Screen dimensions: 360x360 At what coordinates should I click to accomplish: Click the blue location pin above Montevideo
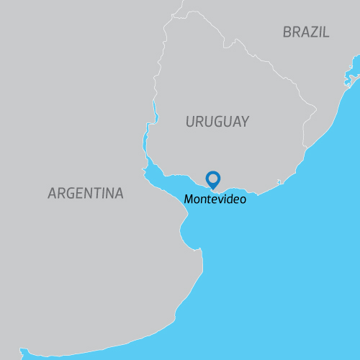click(x=213, y=179)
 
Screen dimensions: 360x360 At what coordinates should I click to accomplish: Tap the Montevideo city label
click(x=215, y=199)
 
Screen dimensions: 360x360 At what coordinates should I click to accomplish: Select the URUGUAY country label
click(x=217, y=122)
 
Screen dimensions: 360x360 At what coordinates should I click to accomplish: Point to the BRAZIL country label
click(x=306, y=32)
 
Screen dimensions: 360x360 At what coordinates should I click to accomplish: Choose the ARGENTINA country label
click(x=85, y=193)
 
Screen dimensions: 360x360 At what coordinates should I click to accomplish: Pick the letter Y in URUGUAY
click(x=245, y=122)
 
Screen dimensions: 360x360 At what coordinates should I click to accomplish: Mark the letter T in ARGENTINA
click(x=95, y=193)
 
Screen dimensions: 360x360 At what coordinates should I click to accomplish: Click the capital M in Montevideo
click(x=189, y=199)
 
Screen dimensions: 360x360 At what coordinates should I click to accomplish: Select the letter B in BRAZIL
click(x=288, y=32)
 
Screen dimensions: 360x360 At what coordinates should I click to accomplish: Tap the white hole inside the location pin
click(x=213, y=177)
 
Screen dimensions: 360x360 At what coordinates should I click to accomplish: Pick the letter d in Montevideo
click(x=231, y=199)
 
